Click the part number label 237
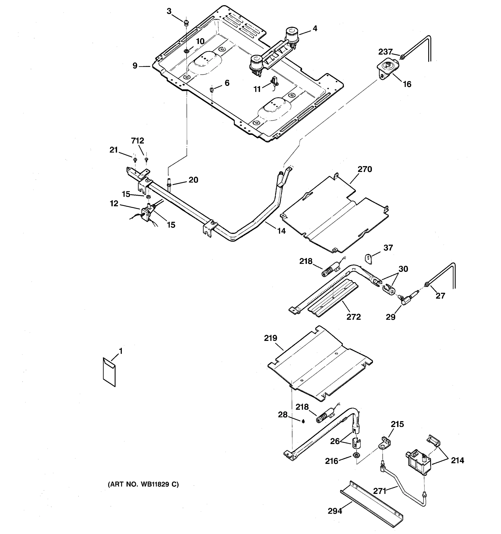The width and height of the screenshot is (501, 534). click(x=385, y=52)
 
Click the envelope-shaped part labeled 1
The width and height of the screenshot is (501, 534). click(x=109, y=372)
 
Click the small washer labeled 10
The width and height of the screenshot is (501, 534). click(x=186, y=51)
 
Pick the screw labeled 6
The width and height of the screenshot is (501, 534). click(x=211, y=89)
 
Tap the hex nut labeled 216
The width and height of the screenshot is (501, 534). click(x=356, y=455)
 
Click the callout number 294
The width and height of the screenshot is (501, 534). click(x=335, y=511)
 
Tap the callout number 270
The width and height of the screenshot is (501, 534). click(x=365, y=169)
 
